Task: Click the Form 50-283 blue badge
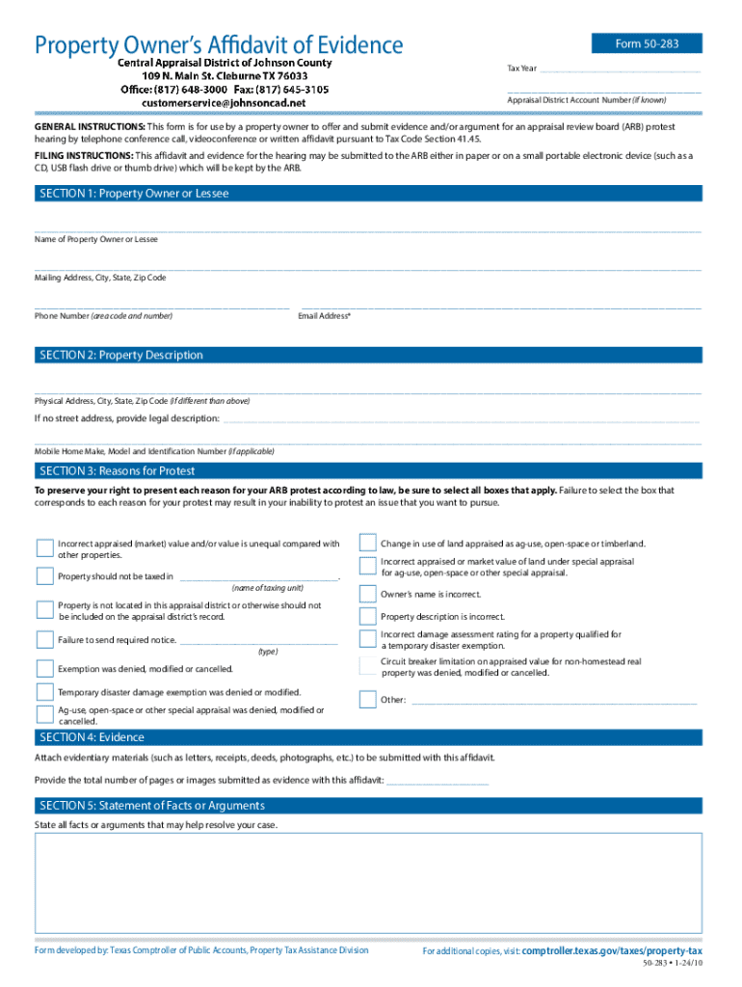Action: (x=647, y=43)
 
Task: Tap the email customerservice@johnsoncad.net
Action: (x=224, y=102)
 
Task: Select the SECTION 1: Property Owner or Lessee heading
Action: (x=133, y=194)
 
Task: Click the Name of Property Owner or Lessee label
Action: (x=96, y=239)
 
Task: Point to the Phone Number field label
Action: (x=103, y=316)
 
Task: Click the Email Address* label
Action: (x=325, y=316)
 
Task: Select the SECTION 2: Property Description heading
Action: (x=120, y=356)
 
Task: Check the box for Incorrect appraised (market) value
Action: (x=44, y=548)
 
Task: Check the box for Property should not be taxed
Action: (x=44, y=576)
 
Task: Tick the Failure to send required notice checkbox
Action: (x=44, y=639)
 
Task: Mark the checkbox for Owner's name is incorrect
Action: (x=367, y=594)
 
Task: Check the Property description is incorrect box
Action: (x=367, y=617)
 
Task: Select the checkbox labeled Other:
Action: (x=367, y=700)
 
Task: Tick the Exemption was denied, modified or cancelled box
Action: (x=44, y=668)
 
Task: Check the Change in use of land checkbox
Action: (x=367, y=543)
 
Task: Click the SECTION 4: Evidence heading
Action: (x=92, y=737)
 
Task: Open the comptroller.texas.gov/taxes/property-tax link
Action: (x=611, y=950)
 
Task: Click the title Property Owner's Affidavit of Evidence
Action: (x=219, y=44)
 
